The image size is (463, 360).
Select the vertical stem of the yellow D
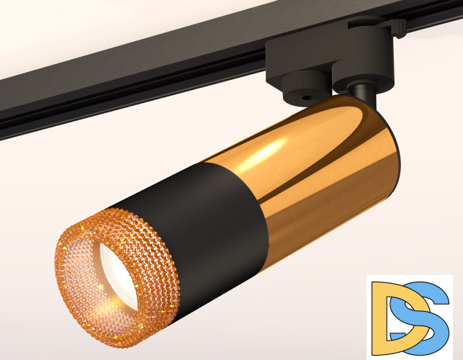[375, 317]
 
